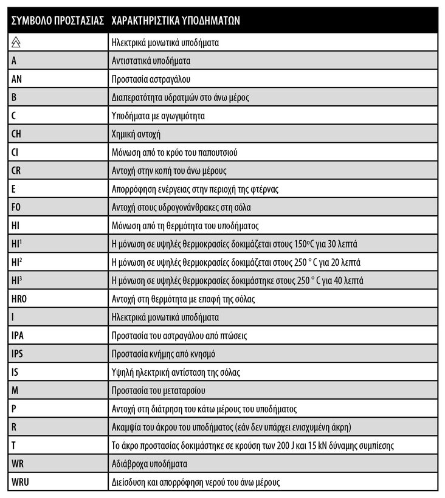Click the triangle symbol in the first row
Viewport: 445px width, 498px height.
[16, 43]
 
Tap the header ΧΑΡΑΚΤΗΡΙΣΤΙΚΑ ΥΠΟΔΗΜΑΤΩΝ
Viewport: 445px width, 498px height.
[176, 19]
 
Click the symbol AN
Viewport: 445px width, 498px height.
[17, 79]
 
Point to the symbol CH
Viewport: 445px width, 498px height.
[17, 134]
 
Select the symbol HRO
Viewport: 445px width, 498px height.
[19, 299]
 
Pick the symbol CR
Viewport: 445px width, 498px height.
[17, 170]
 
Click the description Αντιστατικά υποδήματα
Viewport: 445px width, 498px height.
[151, 61]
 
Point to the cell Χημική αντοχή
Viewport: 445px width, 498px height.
[136, 134]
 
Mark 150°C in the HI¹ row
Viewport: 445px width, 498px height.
[302, 244]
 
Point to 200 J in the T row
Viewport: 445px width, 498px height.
[277, 445]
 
